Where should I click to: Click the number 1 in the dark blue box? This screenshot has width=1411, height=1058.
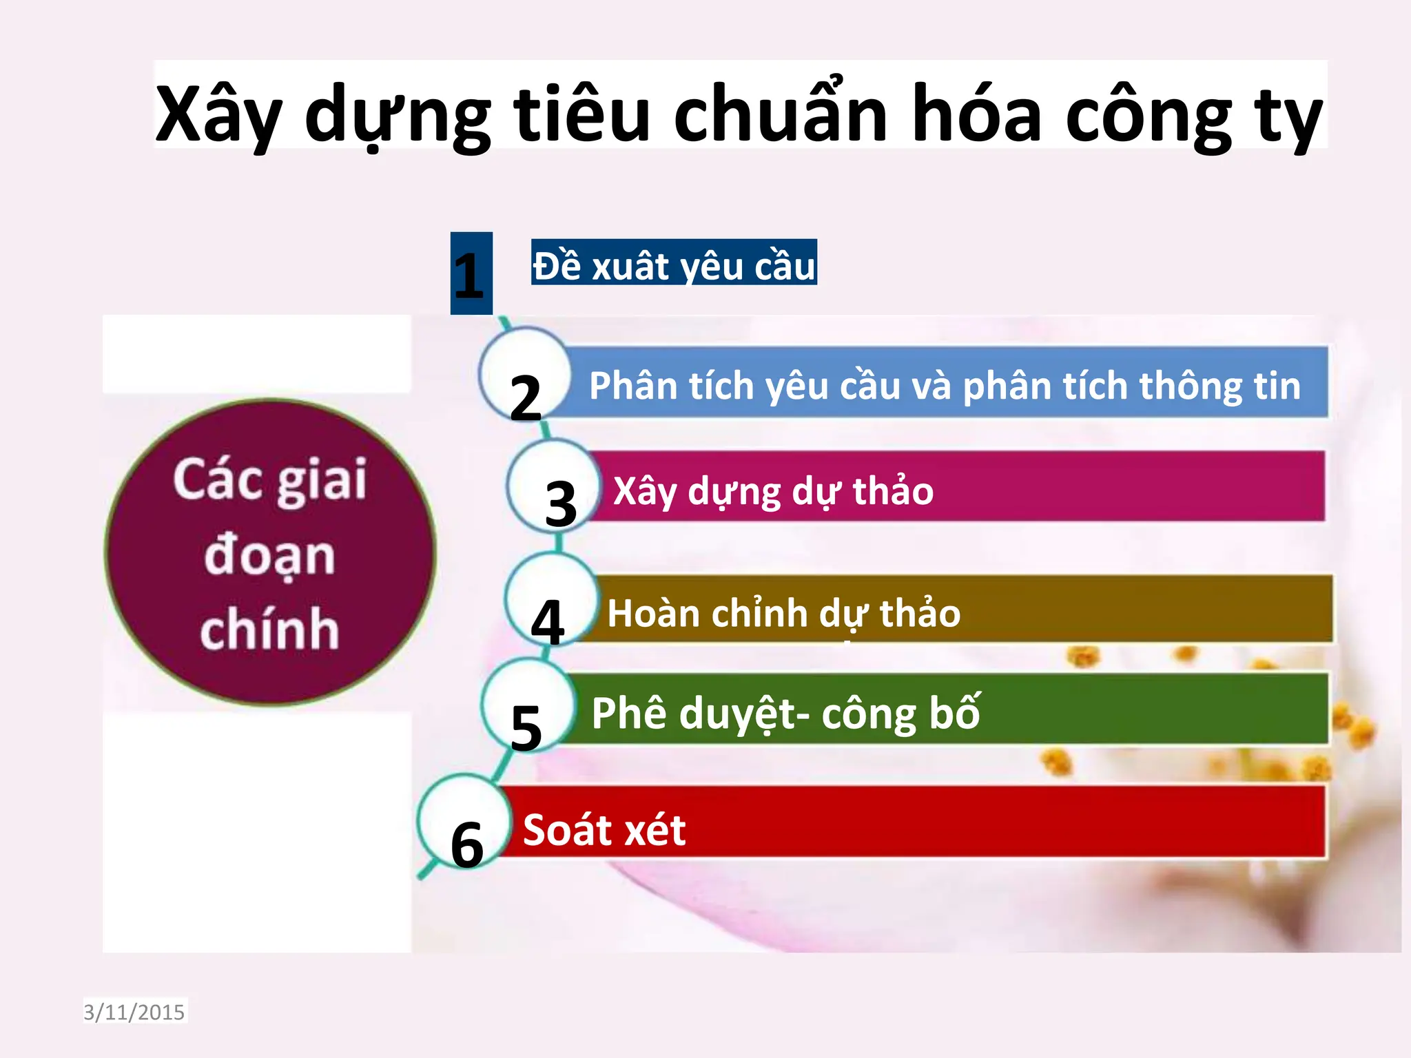(470, 275)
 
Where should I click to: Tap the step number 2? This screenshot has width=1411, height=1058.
(526, 397)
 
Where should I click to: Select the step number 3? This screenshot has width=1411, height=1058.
(560, 504)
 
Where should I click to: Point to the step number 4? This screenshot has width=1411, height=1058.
(548, 622)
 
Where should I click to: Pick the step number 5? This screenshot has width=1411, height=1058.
(526, 728)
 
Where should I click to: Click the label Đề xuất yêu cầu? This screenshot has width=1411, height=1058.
(674, 266)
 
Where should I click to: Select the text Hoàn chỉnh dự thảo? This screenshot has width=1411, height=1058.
(783, 614)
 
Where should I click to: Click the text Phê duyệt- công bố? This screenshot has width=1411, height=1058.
(785, 714)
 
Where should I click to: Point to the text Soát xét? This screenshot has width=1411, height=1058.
(604, 829)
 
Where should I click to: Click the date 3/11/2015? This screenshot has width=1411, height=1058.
(134, 1012)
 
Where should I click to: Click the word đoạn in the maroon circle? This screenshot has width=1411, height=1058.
(269, 556)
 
